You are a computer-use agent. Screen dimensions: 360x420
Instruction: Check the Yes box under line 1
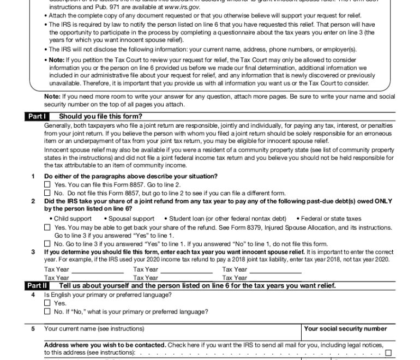coord(47,185)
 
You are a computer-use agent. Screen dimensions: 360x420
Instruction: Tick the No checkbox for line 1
coord(47,193)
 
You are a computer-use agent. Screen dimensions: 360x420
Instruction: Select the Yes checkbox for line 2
coord(47,227)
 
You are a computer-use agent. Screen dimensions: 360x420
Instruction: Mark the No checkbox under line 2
coord(47,244)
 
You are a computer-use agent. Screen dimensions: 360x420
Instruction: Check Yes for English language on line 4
coord(47,303)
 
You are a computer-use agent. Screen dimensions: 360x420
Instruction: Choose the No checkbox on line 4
coord(47,312)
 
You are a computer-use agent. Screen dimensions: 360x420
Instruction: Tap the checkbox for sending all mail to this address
coord(388,353)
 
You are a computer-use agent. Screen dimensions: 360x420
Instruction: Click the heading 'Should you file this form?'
coord(100,116)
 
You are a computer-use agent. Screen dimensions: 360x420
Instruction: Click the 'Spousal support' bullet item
coord(131,219)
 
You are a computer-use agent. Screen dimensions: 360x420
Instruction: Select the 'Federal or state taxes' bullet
coord(331,219)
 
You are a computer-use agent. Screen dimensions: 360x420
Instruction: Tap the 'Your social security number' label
coord(345,329)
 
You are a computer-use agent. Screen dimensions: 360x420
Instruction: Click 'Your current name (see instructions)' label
coord(94,329)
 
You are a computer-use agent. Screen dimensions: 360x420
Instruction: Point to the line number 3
coord(33,252)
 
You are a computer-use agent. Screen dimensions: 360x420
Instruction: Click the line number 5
coord(33,329)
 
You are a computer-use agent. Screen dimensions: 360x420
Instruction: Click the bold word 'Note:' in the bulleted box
coord(57,59)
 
